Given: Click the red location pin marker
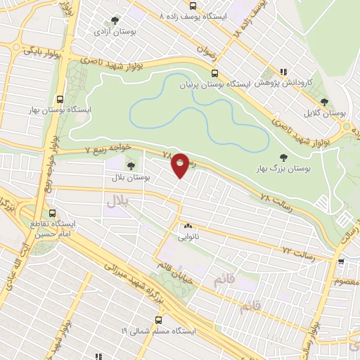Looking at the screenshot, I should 180,166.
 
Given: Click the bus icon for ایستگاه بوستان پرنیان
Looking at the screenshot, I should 214,72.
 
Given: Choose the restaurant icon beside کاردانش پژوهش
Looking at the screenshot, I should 283,71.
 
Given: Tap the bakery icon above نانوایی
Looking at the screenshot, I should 187,226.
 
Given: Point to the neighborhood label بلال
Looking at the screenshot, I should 120,201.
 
